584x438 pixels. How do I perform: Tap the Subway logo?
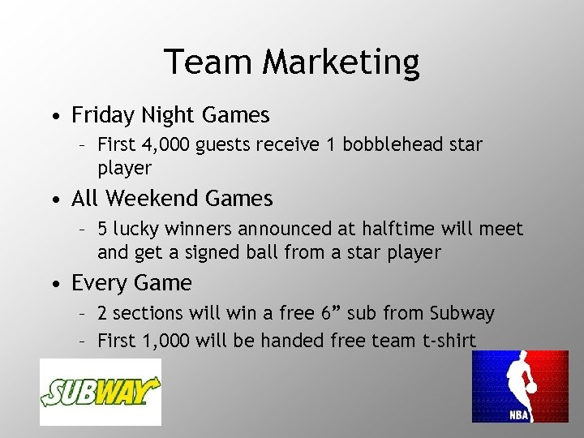[101, 392]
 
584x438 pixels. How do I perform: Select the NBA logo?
[520, 386]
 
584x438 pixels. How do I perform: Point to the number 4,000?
[169, 145]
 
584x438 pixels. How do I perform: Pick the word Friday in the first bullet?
[99, 116]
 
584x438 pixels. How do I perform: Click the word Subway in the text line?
[460, 313]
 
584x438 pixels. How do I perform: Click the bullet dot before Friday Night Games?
[53, 117]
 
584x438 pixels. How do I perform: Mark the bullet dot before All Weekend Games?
[53, 199]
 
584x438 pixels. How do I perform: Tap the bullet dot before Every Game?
[53, 284]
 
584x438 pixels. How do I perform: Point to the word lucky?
[135, 230]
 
